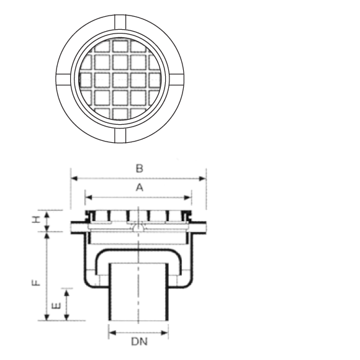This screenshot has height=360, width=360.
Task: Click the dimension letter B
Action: pos(140,169)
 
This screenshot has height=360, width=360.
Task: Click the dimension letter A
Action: pos(140,188)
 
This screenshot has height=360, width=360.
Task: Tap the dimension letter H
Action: pos(36,220)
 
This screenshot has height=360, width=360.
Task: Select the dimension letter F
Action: pos(36,282)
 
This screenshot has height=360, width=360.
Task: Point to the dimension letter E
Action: pos(56,306)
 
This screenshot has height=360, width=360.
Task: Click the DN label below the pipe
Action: pos(140,341)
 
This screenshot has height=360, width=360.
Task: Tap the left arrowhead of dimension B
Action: pos(74,178)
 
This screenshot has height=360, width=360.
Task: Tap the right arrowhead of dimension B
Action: pos(202,178)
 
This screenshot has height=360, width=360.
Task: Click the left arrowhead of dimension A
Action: pos(89,197)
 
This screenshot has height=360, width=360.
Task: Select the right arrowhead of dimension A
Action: pos(188,197)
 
